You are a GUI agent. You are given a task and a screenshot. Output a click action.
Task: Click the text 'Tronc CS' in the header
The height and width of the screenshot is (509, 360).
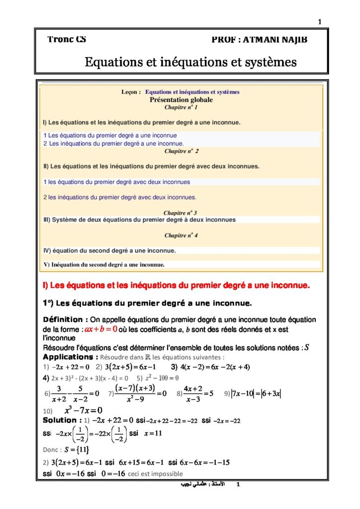click(x=67, y=39)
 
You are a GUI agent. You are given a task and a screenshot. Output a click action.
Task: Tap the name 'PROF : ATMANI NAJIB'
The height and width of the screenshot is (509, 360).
click(x=259, y=40)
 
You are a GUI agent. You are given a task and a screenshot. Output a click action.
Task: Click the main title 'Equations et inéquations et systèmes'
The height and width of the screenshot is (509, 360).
click(x=190, y=63)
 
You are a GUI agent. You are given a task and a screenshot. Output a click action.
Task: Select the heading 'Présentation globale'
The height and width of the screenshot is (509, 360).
click(x=181, y=99)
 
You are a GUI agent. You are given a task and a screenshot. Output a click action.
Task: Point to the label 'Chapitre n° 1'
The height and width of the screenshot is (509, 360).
click(x=181, y=107)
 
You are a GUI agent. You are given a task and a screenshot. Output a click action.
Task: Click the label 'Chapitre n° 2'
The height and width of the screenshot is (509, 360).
click(x=181, y=151)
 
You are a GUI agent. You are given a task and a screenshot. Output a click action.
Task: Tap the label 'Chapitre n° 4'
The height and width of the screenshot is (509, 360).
click(x=181, y=235)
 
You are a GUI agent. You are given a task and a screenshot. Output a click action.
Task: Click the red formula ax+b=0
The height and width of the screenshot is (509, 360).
click(x=101, y=329)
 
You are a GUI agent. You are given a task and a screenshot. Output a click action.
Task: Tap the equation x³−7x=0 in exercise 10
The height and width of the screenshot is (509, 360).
click(x=83, y=411)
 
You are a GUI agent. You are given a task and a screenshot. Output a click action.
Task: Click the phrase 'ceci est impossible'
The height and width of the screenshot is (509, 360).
click(x=155, y=474)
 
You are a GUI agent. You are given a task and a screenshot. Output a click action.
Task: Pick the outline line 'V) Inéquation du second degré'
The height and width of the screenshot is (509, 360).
click(x=104, y=264)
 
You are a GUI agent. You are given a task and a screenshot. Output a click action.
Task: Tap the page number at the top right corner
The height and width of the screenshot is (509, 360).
click(x=320, y=21)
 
